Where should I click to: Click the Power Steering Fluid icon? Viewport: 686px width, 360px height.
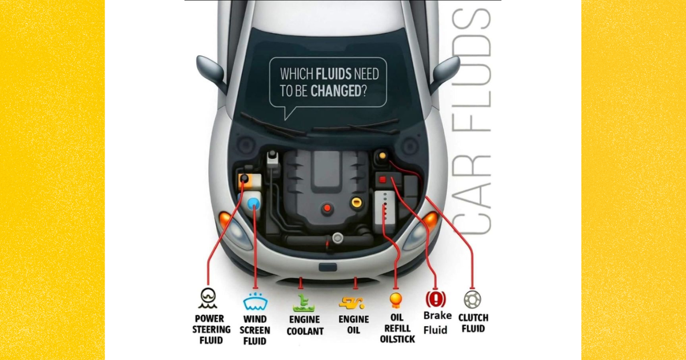[x=208, y=297]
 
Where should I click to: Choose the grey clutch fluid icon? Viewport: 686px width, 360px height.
[x=472, y=299]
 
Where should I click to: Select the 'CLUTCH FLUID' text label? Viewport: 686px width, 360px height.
[x=473, y=323]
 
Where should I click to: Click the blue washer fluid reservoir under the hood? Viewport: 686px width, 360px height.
[x=252, y=203]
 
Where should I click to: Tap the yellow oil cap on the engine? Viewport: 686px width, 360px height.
[x=357, y=202]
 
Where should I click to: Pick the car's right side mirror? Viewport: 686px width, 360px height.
[x=446, y=71]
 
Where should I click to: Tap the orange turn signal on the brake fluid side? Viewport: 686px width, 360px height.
[x=430, y=219]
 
